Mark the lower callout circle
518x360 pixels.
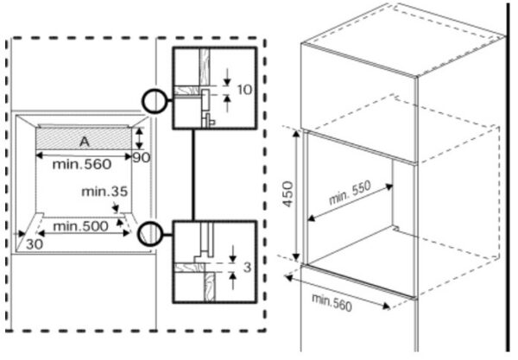point(149,231)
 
